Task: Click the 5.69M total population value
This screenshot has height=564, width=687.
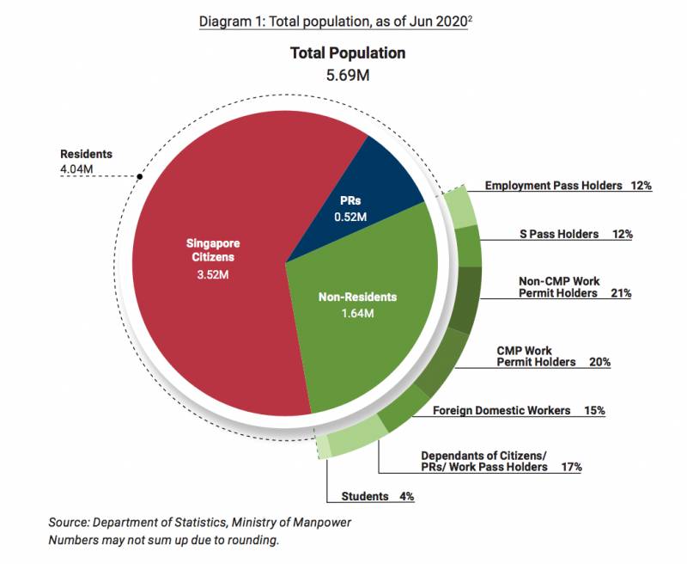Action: (x=348, y=76)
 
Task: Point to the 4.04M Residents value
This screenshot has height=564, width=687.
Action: (x=76, y=169)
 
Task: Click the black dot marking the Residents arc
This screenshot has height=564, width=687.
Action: (x=139, y=176)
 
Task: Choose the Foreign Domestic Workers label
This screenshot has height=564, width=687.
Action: (x=502, y=410)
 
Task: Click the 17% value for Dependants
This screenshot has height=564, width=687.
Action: (x=568, y=467)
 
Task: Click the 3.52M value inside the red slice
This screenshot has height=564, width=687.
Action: (x=213, y=275)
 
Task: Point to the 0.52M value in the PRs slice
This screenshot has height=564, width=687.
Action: (x=350, y=218)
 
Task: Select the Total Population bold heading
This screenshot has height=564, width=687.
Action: (x=348, y=53)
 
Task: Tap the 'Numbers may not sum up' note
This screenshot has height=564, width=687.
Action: (x=164, y=541)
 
